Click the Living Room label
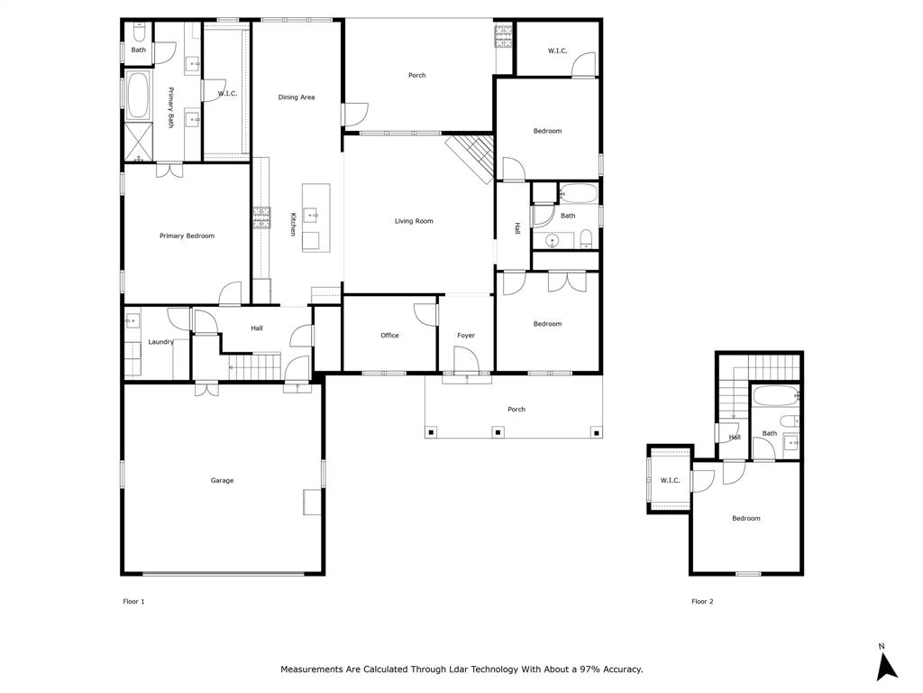(x=414, y=221)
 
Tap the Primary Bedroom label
(x=187, y=236)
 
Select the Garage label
(x=222, y=481)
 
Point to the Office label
(x=389, y=336)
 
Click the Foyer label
(x=465, y=336)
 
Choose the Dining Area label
(x=296, y=97)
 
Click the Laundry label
(x=160, y=342)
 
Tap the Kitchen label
(x=293, y=224)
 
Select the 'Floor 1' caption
(x=133, y=601)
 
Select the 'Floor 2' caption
(x=702, y=601)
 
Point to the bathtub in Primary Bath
(x=137, y=97)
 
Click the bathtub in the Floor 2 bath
(x=773, y=396)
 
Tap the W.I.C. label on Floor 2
(x=670, y=481)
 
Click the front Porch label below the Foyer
(x=516, y=410)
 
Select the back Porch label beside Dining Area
(x=416, y=76)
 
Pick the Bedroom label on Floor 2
(x=745, y=519)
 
